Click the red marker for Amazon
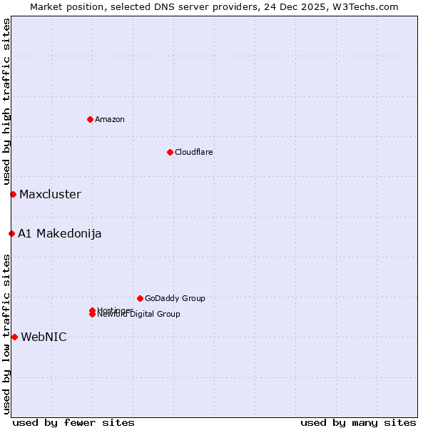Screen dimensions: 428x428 [x=90, y=119]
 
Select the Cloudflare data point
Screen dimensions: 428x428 [x=170, y=152]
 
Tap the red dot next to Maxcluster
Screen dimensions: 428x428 [x=13, y=194]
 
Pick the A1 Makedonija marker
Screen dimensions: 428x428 [x=11, y=233]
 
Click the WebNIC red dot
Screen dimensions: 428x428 [x=14, y=337]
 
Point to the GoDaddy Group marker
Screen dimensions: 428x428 [x=140, y=298]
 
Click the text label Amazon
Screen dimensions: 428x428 [x=109, y=119]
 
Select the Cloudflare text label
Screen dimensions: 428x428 [x=193, y=152]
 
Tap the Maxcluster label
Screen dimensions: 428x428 [x=50, y=194]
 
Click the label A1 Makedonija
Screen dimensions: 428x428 [x=59, y=233]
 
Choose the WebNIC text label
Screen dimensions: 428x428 [x=44, y=337]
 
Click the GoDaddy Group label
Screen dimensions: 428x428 [x=175, y=298]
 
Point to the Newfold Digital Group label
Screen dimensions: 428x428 [x=139, y=315]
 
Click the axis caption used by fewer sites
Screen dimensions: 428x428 [x=73, y=422]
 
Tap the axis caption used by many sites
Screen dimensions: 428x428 [x=358, y=422]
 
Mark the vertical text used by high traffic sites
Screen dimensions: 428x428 [x=6, y=101]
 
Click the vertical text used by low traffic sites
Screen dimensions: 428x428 [x=6, y=334]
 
